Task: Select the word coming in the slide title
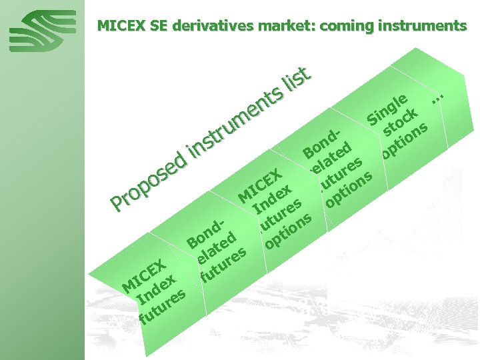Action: tap(352, 26)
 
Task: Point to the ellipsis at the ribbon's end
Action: tap(437, 97)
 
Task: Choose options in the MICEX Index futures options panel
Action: tap(289, 229)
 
